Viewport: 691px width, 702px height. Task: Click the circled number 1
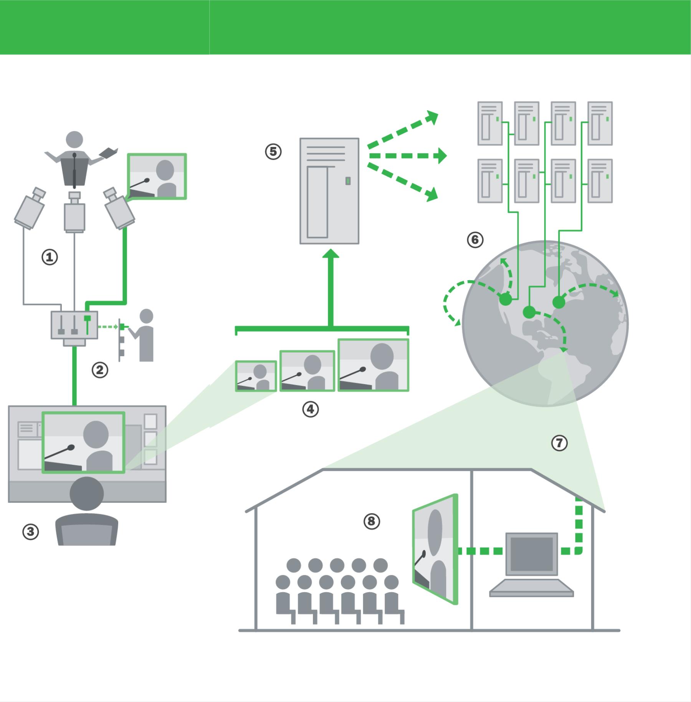coord(50,257)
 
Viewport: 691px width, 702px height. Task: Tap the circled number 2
coord(100,370)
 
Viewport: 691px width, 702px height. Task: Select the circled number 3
coord(31,532)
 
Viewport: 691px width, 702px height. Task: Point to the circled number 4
coord(310,410)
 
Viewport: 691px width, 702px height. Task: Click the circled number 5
coord(273,152)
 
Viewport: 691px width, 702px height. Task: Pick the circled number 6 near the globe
coord(475,240)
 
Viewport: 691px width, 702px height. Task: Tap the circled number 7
coord(559,443)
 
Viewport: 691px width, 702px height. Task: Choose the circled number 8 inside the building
coord(371,521)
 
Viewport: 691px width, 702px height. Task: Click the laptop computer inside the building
coord(531,564)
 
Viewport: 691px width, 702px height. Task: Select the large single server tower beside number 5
coord(329,191)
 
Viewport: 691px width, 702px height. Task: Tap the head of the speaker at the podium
coord(74,139)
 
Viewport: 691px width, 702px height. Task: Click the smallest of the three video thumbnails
coord(256,376)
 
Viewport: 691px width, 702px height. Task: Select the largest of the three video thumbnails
coord(373,365)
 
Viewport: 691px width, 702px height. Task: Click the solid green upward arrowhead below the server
coord(331,254)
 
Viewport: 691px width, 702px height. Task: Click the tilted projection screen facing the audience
coord(435,549)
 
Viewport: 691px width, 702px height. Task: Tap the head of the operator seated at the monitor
coord(87,494)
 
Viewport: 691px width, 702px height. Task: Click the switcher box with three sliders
coord(74,325)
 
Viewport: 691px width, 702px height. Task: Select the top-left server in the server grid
coord(490,123)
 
